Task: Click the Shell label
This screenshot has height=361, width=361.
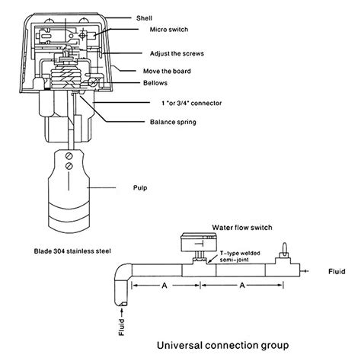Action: (x=144, y=18)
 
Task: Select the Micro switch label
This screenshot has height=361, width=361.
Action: (x=169, y=30)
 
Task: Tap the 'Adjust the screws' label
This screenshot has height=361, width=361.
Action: (x=177, y=53)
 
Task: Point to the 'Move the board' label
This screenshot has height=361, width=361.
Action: (x=167, y=71)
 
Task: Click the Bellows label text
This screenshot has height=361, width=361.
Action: (x=155, y=83)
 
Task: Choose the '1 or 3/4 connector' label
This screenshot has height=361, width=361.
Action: (x=192, y=103)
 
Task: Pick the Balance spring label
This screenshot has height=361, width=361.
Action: (x=173, y=122)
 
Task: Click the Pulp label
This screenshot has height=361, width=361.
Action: (x=140, y=188)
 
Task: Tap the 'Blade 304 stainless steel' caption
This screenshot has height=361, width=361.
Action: (x=72, y=251)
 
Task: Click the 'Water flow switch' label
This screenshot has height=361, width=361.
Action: (x=242, y=228)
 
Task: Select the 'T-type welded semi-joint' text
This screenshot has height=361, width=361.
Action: (x=240, y=257)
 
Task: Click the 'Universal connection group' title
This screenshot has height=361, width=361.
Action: (x=223, y=346)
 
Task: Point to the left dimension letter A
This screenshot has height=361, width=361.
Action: (x=165, y=286)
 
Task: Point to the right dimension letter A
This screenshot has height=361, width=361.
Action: (x=242, y=286)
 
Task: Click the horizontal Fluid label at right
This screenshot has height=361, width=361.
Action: (x=337, y=272)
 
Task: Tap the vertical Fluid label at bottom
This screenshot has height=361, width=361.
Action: (x=122, y=327)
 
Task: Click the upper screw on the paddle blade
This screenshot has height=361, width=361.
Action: (x=69, y=156)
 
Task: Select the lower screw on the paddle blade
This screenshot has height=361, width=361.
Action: (x=69, y=166)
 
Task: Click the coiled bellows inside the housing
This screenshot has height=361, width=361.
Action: (x=66, y=76)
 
